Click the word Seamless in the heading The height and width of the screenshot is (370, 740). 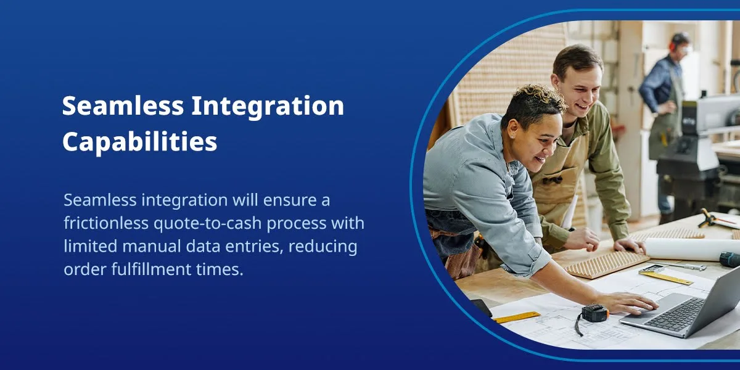[x=123, y=105]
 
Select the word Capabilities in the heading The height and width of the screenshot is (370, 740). [x=140, y=142]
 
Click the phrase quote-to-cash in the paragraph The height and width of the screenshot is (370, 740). [x=207, y=224]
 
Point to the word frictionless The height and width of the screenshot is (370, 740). [x=106, y=223]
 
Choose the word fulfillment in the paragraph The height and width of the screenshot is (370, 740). [x=151, y=269]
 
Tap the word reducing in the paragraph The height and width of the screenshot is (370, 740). [x=323, y=247]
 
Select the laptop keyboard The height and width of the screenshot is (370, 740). [x=675, y=313]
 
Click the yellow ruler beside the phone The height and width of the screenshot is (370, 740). [x=516, y=317]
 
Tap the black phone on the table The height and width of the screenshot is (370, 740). [x=482, y=308]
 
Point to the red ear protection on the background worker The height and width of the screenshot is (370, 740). [x=672, y=47]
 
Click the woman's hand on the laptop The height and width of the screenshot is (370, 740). [x=629, y=302]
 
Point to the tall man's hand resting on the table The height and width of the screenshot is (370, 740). [x=630, y=245]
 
